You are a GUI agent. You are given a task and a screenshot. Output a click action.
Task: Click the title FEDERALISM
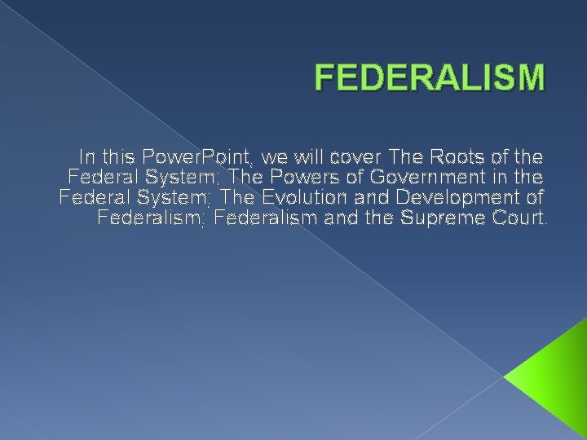429,79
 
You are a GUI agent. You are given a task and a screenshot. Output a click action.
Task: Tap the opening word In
87,155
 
